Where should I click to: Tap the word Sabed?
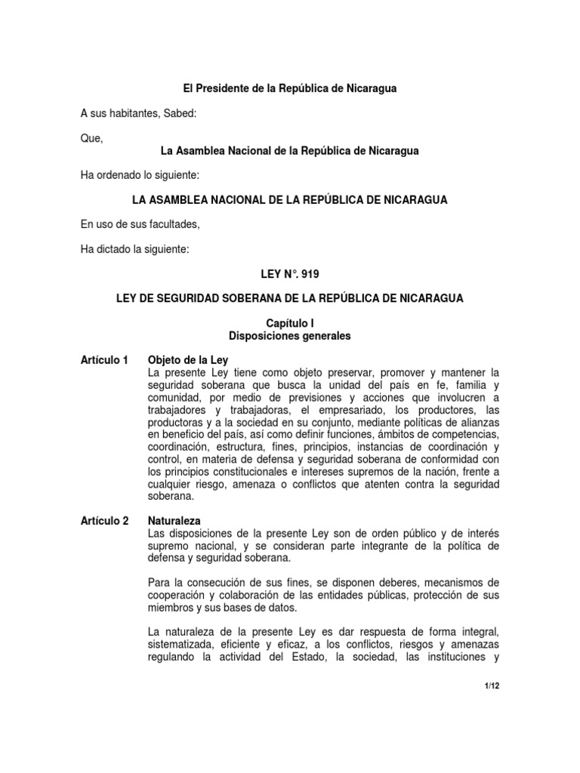click(x=178, y=114)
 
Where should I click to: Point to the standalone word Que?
click(x=91, y=139)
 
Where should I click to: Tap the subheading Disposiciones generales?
click(x=290, y=336)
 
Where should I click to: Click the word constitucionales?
click(x=233, y=471)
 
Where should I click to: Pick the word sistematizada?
click(x=184, y=644)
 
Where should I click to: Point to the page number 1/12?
click(x=492, y=685)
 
